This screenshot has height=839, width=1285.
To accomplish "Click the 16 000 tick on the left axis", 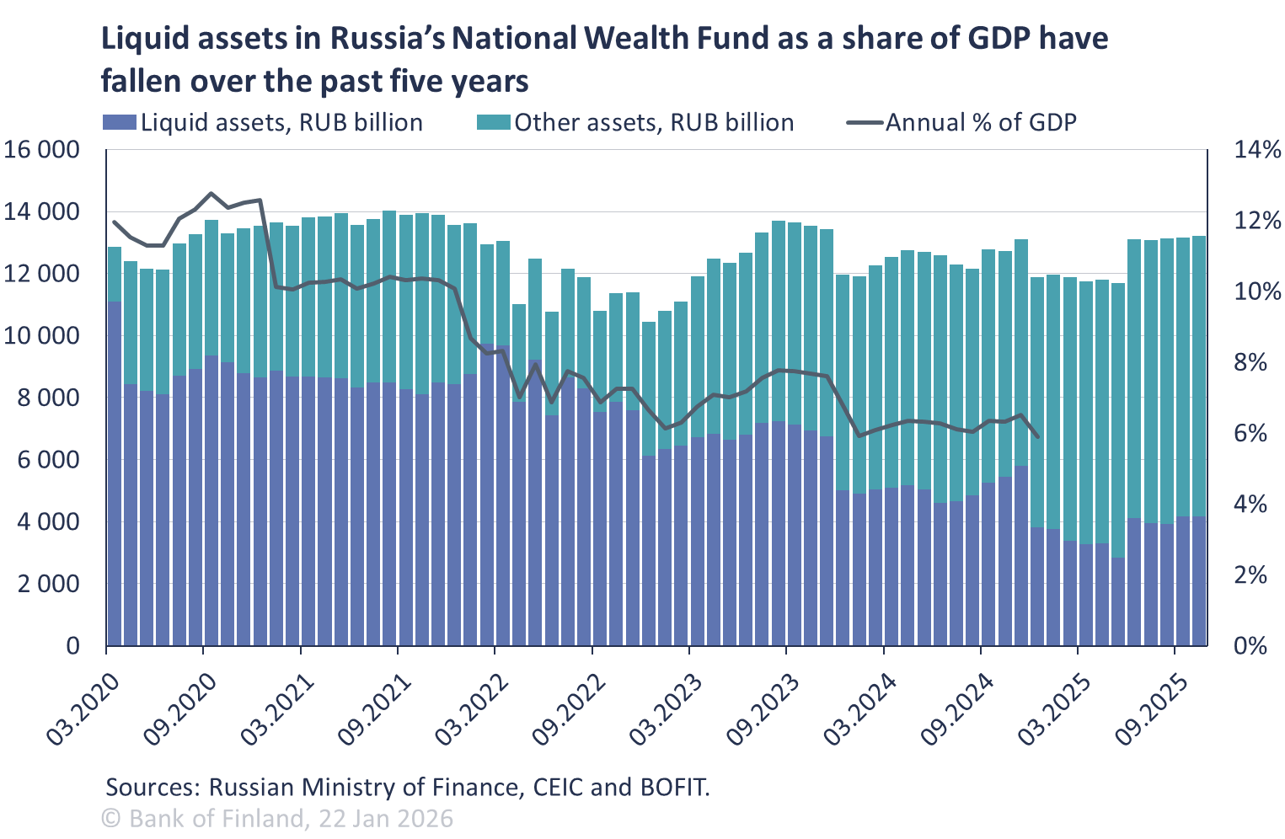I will point(52,150).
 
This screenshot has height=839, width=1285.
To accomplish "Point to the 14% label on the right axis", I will point(1256,151).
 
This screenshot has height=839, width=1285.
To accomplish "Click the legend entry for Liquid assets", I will point(263,123).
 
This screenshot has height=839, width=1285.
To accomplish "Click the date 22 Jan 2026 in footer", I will point(384,818).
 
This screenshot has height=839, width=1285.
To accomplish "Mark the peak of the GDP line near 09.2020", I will point(211,193).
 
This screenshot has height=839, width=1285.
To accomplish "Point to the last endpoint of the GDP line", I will point(1038,437).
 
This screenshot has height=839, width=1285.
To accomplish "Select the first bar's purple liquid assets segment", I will point(115,472).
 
